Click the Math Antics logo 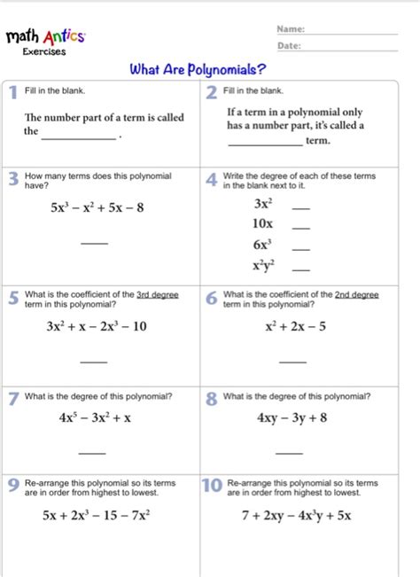(46, 37)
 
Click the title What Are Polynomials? (198, 69)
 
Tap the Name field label (291, 29)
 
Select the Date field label (289, 45)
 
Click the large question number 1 (12, 93)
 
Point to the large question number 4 (211, 180)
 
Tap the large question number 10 (212, 487)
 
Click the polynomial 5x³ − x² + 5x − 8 (97, 208)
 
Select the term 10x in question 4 (262, 223)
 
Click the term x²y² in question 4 (263, 265)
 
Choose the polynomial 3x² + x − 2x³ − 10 (97, 326)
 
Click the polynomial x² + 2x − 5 (295, 326)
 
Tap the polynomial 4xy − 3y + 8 (292, 417)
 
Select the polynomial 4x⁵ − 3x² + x (95, 417)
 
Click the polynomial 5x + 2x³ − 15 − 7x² (99, 514)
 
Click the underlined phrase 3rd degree (159, 294)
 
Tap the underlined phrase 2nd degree (357, 294)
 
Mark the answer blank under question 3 (94, 244)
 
